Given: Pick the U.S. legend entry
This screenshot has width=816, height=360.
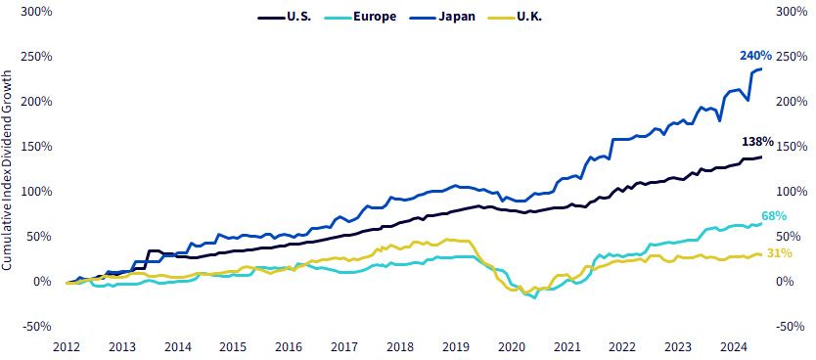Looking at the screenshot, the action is coord(285,17).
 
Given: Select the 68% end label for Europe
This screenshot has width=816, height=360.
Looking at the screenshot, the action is coord(773,216).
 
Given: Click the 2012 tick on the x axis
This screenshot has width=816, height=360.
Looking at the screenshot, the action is coord(67,347).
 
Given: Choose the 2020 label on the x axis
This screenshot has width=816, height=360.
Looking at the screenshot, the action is coord(511,347).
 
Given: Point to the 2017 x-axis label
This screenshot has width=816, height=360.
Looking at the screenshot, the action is coord(344,347).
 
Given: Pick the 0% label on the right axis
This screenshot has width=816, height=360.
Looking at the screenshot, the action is coord(786,282).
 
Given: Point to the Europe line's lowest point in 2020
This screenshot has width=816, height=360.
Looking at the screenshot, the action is coord(534,297).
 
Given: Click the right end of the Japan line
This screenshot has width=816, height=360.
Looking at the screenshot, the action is coord(762,69).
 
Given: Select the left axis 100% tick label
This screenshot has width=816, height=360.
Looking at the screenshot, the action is coord(37,192).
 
